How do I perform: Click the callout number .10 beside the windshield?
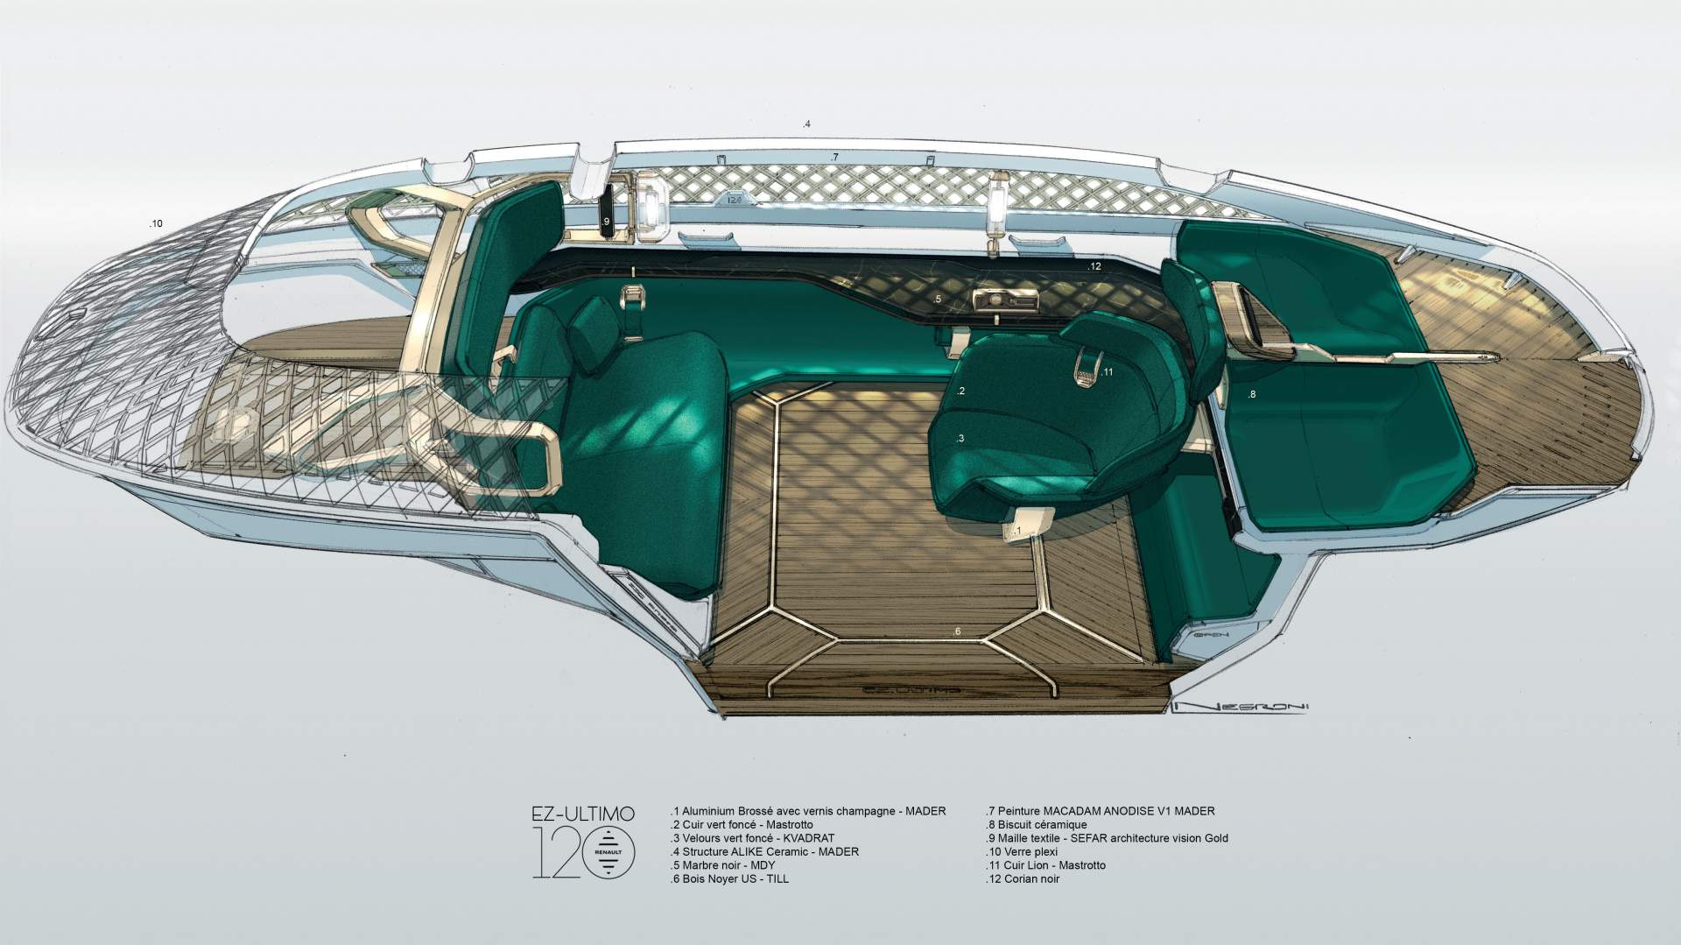156,224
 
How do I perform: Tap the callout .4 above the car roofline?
807,124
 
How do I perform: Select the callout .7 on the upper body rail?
834,158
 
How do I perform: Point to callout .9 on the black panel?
606,221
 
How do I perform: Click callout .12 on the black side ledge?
1094,266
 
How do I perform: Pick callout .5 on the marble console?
937,300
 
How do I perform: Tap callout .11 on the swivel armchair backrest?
1107,371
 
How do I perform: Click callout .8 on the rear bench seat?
1252,394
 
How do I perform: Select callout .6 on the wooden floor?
956,631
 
